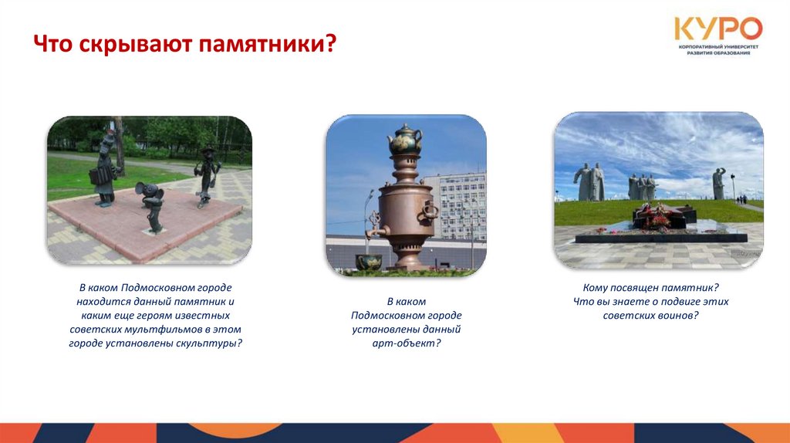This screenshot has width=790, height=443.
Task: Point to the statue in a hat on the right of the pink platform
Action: pyautogui.click(x=206, y=174)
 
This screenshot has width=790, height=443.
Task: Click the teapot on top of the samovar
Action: pyautogui.click(x=405, y=140)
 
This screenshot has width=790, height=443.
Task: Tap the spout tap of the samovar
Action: pyautogui.click(x=375, y=229)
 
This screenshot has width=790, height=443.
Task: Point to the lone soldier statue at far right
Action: pyautogui.click(x=719, y=184)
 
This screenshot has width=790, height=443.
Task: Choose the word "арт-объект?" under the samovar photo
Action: pyautogui.click(x=406, y=343)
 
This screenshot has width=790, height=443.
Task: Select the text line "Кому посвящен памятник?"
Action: pyautogui.click(x=650, y=287)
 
